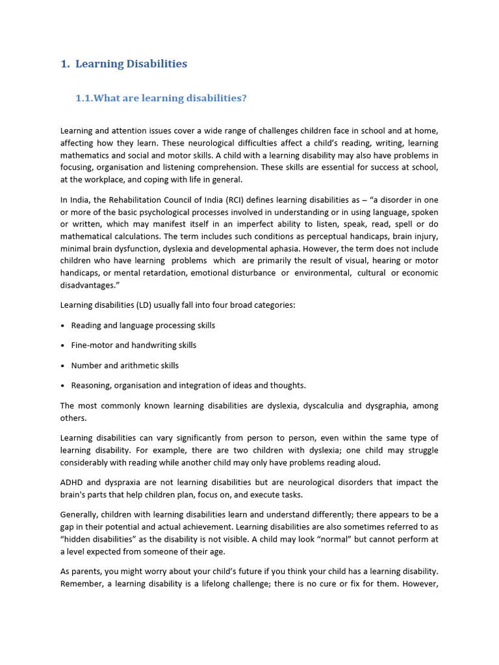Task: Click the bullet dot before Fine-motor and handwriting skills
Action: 62,345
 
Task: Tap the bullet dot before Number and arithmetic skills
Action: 62,366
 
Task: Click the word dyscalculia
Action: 318,406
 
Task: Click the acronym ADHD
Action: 72,483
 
